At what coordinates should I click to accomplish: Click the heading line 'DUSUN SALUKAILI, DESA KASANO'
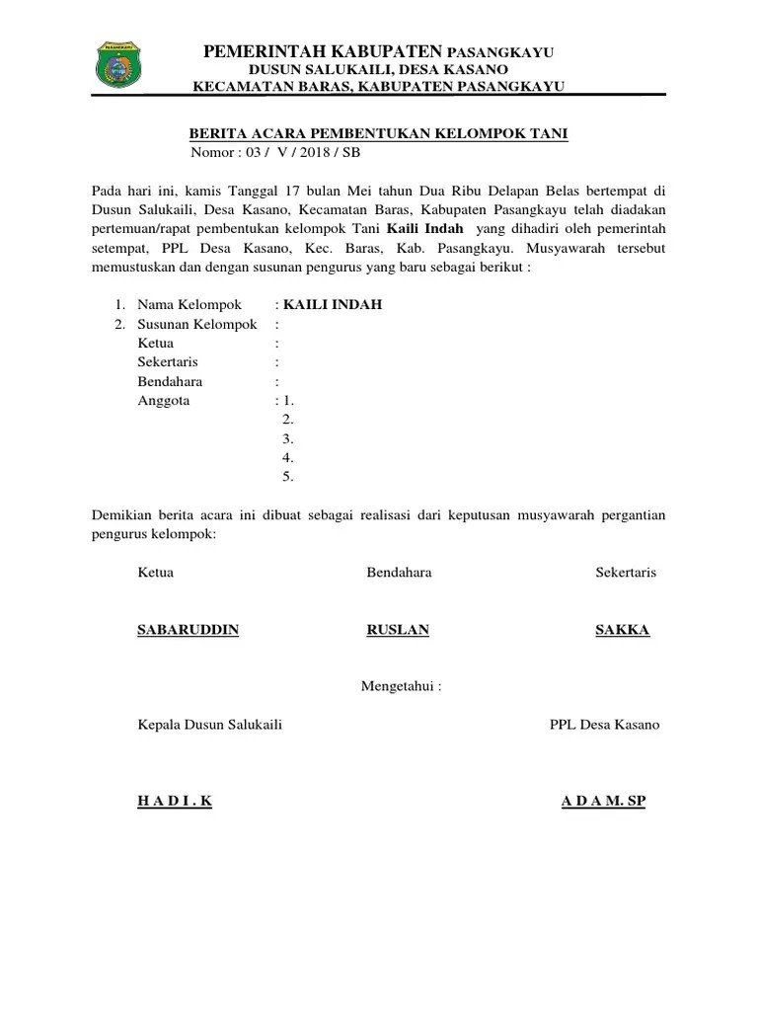click(x=378, y=69)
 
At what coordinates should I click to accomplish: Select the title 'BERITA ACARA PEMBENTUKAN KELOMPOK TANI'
click(x=378, y=134)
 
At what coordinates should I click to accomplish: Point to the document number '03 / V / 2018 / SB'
click(x=295, y=152)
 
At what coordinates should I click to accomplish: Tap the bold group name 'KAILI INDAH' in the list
click(x=332, y=305)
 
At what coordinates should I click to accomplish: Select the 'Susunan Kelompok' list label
click(x=196, y=324)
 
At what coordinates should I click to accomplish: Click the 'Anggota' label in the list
click(x=164, y=401)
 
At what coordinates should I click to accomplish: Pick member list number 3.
click(x=288, y=438)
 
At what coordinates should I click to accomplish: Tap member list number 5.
click(x=288, y=477)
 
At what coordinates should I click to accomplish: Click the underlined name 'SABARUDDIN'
click(x=188, y=630)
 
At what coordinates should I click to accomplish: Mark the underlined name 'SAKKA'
click(x=622, y=630)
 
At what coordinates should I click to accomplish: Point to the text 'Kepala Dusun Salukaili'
click(x=210, y=725)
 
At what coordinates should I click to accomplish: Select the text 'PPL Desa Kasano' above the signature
click(x=604, y=725)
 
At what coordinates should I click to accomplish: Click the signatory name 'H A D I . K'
click(x=175, y=801)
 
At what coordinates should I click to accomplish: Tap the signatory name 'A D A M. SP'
click(x=603, y=801)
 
